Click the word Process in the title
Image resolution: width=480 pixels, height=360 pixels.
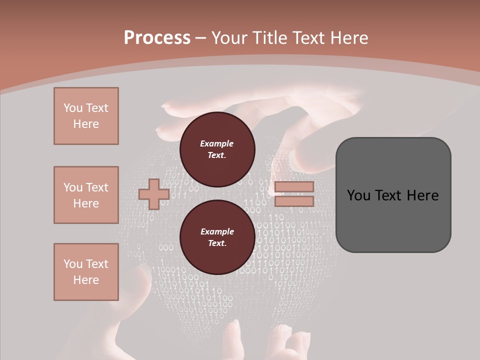(x=157, y=38)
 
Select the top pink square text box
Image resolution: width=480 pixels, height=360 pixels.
(x=86, y=116)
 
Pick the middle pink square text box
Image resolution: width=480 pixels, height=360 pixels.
(x=86, y=195)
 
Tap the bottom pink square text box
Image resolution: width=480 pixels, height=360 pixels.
(x=86, y=272)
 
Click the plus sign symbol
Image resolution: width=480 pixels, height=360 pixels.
(x=153, y=194)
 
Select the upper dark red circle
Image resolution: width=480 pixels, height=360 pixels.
(x=217, y=149)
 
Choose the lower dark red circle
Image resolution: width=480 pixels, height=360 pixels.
(x=217, y=237)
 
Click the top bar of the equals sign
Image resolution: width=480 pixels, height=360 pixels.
(x=294, y=187)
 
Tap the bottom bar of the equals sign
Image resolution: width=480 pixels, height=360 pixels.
(x=294, y=201)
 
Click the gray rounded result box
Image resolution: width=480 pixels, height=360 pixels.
(x=393, y=220)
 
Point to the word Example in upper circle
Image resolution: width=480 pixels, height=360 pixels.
(x=217, y=143)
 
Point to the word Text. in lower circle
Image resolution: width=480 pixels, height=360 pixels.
(x=217, y=243)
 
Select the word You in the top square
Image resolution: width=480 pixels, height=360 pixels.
(x=72, y=108)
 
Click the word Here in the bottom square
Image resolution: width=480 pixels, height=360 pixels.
(x=86, y=280)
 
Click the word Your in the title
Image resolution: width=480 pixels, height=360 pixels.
(x=229, y=38)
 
